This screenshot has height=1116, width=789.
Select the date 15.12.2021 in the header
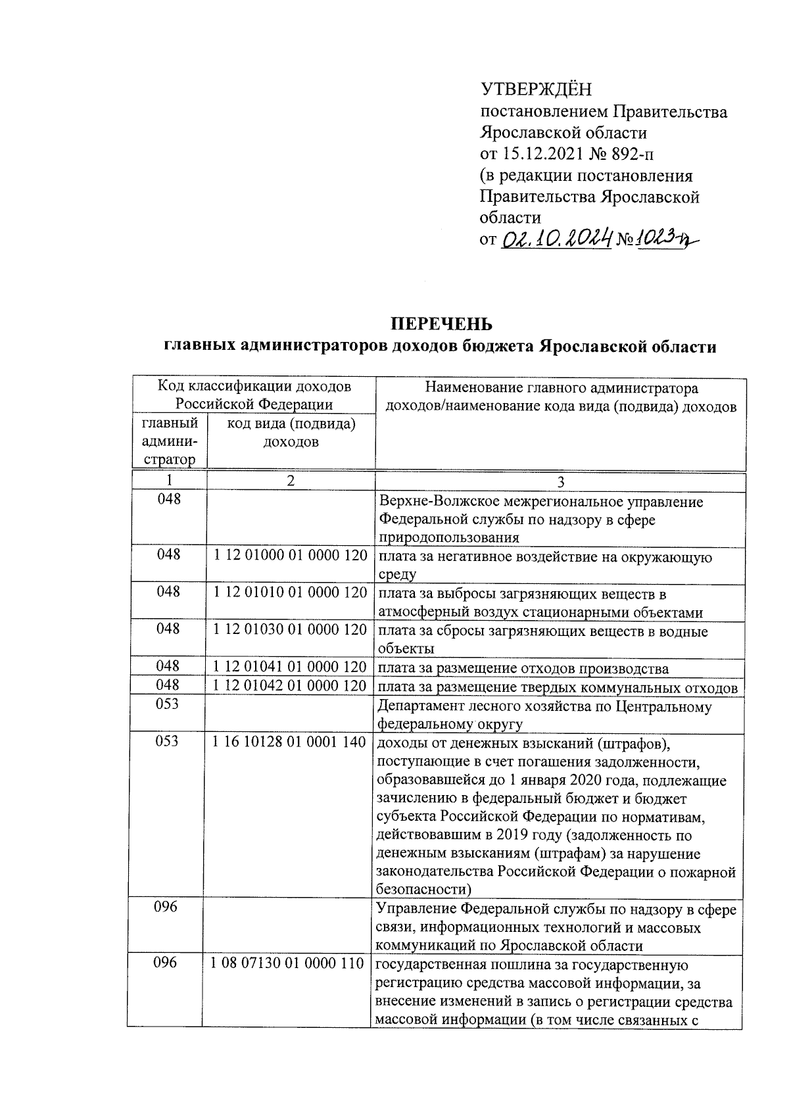click(542, 154)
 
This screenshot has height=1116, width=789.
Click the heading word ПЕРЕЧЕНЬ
click(441, 324)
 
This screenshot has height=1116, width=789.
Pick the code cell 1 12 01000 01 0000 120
click(290, 556)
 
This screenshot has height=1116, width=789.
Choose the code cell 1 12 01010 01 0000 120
click(290, 593)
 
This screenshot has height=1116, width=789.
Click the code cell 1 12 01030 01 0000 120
click(290, 629)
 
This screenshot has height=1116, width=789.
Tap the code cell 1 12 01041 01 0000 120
click(290, 667)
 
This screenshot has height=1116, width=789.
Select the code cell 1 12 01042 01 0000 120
click(290, 685)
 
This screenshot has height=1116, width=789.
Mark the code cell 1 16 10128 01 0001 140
click(290, 742)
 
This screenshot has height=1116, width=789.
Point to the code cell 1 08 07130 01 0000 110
click(287, 963)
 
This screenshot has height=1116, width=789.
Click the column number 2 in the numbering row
click(291, 481)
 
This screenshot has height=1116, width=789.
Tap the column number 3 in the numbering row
click(560, 482)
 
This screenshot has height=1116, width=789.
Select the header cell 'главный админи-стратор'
click(169, 441)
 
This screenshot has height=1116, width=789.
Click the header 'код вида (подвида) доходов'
click(291, 433)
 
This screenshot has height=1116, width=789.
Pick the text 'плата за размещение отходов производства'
click(523, 669)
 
